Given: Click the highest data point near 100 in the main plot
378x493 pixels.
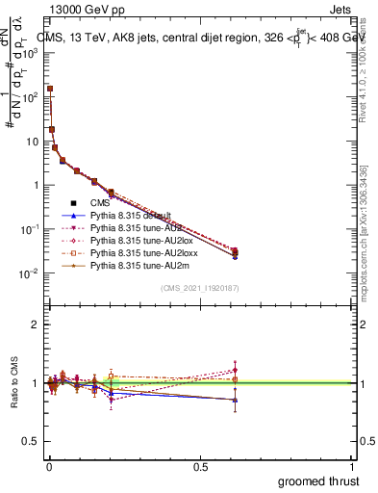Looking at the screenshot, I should [50, 89].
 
